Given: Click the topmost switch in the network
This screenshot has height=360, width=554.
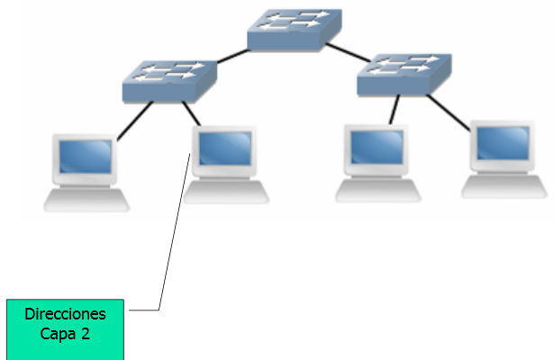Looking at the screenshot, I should (x=294, y=30).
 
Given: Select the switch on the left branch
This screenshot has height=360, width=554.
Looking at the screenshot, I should (x=169, y=79).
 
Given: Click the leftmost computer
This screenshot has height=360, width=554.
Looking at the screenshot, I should (x=86, y=171).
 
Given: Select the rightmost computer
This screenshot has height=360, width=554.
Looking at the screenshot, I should (x=504, y=158).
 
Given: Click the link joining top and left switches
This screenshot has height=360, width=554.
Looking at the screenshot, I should (x=232, y=56).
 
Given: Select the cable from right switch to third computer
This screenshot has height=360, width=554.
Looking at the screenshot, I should (x=394, y=111).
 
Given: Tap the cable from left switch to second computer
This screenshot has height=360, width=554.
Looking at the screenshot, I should (x=190, y=113).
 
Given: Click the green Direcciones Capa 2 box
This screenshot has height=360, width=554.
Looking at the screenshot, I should (x=65, y=328).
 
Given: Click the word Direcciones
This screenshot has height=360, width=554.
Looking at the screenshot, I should (x=65, y=314).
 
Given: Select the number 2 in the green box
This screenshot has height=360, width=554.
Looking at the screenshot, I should (x=86, y=333).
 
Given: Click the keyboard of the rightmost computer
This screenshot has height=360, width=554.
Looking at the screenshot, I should (x=504, y=187).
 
